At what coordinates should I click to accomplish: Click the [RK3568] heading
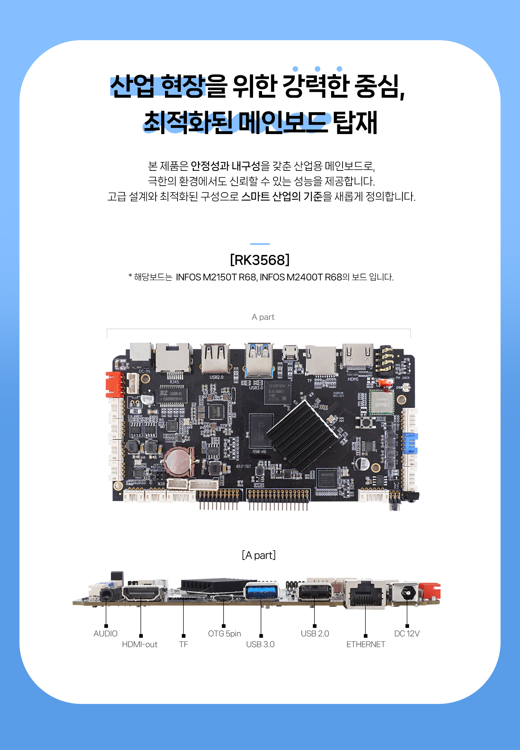coord(260,260)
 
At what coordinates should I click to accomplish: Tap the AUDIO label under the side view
coord(105,634)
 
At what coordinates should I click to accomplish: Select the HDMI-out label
coord(140,644)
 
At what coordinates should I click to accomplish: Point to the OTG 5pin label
coord(224,634)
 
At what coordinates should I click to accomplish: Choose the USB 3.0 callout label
coord(260,644)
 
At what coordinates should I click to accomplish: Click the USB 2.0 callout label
coord(315,634)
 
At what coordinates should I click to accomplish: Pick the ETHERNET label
coord(366,644)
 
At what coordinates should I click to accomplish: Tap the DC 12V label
coord(407,634)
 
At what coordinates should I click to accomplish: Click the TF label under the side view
coord(183,644)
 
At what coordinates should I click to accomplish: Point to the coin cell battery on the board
coord(179,461)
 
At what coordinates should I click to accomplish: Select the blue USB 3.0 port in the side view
coord(262,592)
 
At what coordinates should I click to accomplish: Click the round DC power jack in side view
coord(408,593)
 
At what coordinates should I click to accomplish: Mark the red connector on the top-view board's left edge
coord(114,384)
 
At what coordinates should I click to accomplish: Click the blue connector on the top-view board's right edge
coord(410,443)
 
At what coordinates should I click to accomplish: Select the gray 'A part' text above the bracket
coord(263,317)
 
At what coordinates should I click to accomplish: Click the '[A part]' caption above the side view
coord(259,555)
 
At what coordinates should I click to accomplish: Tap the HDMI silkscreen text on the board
coord(353,379)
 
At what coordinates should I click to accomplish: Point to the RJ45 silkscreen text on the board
coord(174,382)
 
